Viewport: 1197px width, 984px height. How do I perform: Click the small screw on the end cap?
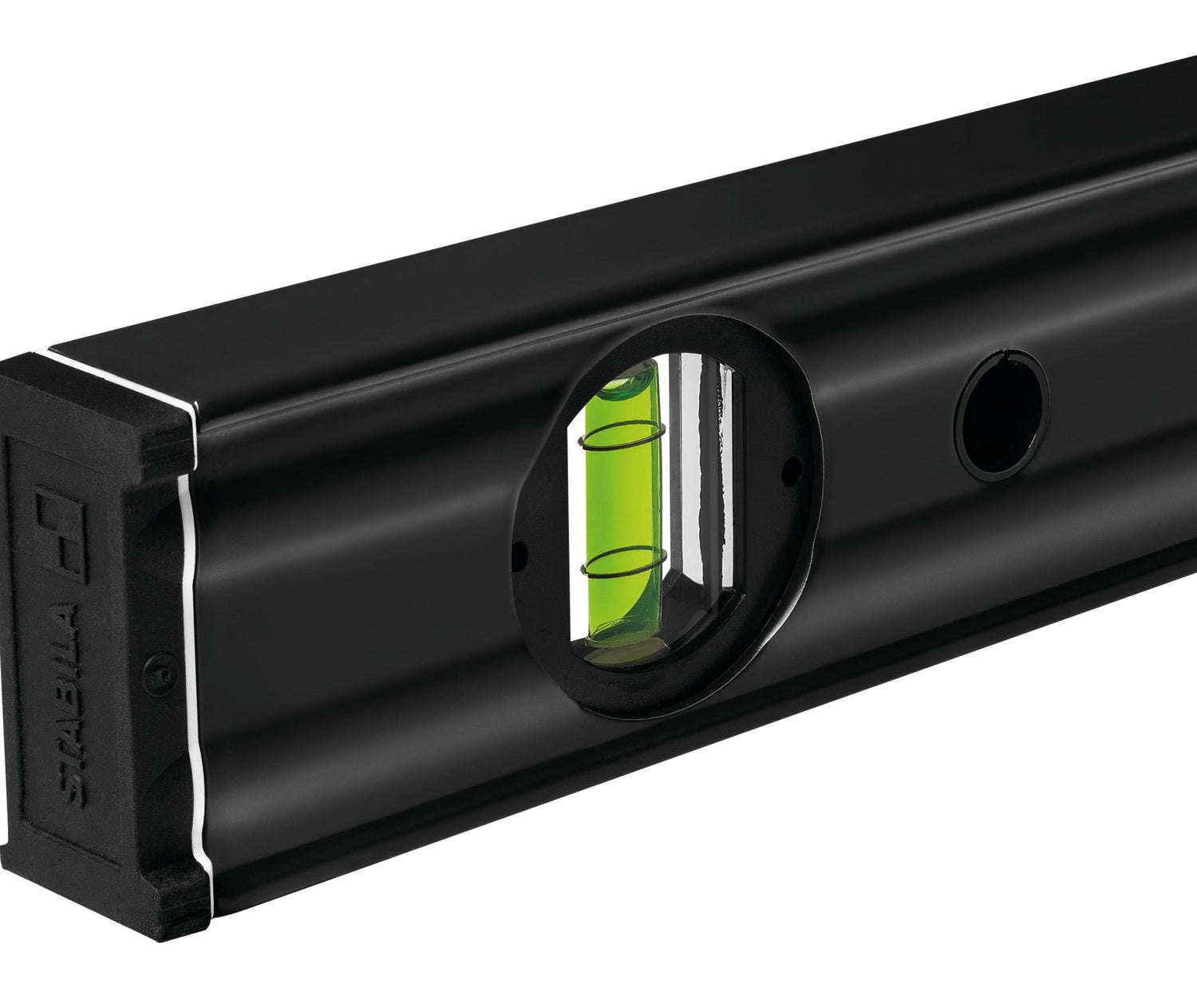[160, 673]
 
